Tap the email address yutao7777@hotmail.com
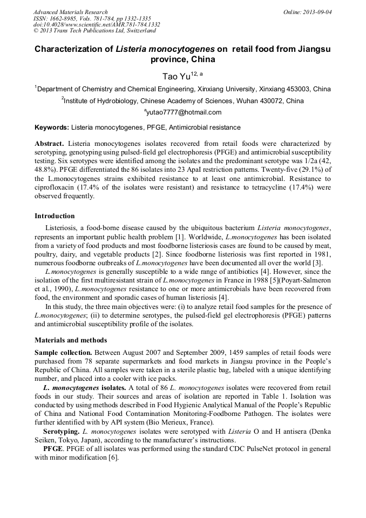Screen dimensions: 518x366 tap(183, 112)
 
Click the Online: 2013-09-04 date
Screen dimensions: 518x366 tap(308, 12)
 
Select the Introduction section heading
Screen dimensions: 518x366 tap(55, 216)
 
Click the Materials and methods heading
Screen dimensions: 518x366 tap(71, 340)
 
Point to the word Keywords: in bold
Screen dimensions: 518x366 tap(52, 127)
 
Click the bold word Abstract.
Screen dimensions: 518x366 tap(49, 144)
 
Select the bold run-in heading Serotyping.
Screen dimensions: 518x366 tap(62, 432)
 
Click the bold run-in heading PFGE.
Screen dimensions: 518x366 tap(53, 449)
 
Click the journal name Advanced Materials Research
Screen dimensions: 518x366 tap(70, 12)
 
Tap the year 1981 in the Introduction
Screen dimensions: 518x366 tap(321, 254)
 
